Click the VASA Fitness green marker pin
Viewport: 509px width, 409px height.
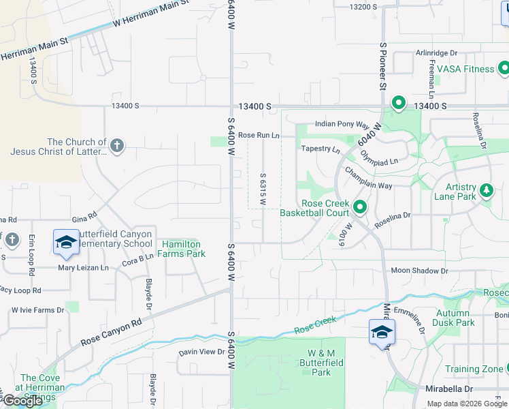(x=504, y=69)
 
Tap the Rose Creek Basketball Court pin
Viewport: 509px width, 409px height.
(x=360, y=207)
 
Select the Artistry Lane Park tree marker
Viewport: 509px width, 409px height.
(x=486, y=190)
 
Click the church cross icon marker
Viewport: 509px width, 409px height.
(x=117, y=145)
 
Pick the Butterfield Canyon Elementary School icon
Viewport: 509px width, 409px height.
(x=66, y=242)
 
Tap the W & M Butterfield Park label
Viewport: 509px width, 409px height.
(x=321, y=363)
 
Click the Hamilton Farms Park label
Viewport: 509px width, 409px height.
(x=182, y=249)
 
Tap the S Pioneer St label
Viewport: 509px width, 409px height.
(x=383, y=67)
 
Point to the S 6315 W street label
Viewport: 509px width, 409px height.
(x=263, y=190)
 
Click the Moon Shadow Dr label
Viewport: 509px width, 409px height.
(x=419, y=271)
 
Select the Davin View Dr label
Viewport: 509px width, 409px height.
(x=201, y=352)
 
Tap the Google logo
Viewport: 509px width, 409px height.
(x=22, y=401)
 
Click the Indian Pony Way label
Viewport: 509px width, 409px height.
(x=346, y=125)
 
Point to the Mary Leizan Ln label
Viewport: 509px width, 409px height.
(x=83, y=268)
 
